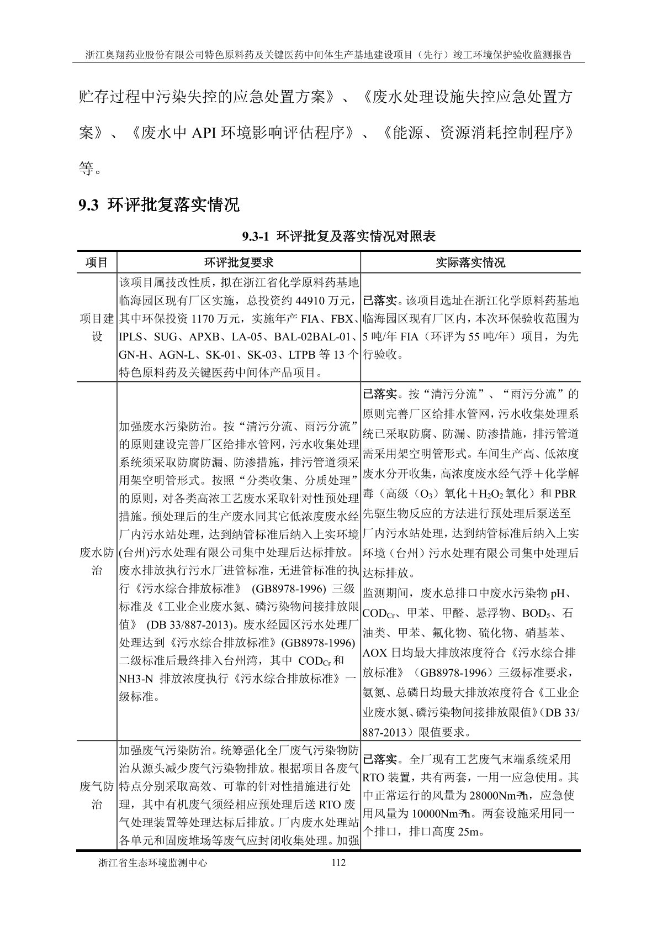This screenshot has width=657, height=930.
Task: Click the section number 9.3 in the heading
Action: (x=88, y=206)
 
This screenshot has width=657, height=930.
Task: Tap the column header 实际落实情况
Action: (x=470, y=262)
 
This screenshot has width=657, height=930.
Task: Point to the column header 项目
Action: (x=97, y=262)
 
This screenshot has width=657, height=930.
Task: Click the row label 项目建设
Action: (x=97, y=327)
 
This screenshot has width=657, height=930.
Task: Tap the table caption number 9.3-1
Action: (x=255, y=237)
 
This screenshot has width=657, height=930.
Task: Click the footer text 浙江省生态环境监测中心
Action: (x=152, y=863)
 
